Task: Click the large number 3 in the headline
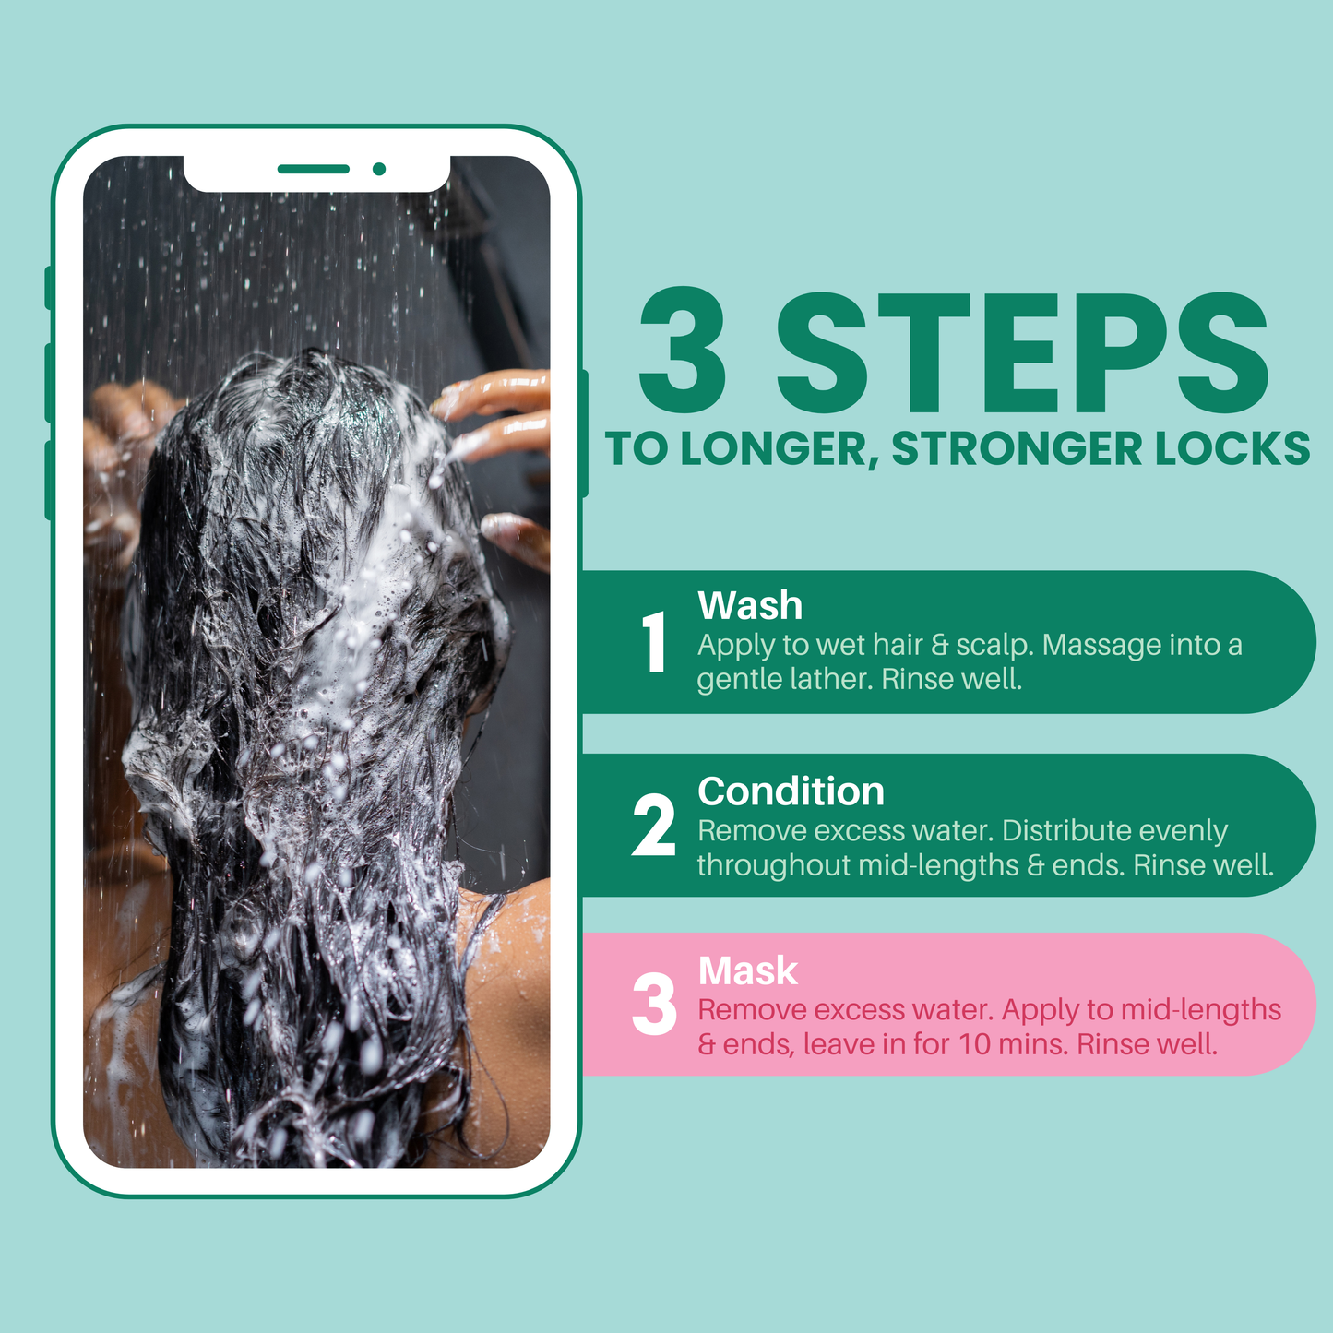click(682, 350)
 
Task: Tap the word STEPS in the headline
click(1023, 351)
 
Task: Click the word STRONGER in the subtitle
click(1017, 448)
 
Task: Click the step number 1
click(654, 641)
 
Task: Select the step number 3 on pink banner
click(654, 1004)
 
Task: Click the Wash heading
click(750, 605)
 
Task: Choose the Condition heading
click(791, 791)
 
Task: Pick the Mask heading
click(748, 970)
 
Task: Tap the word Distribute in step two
click(1066, 830)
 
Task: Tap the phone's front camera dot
click(379, 169)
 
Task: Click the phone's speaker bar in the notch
click(314, 169)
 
